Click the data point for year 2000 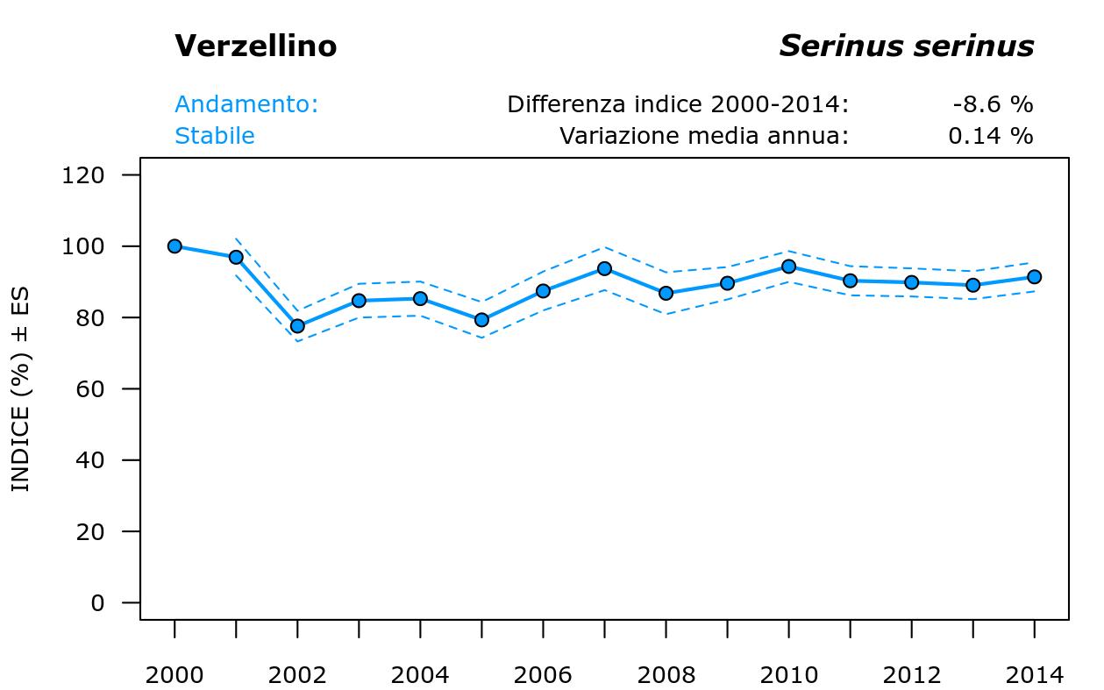pyautogui.click(x=175, y=246)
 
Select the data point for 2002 pyautogui.click(x=297, y=326)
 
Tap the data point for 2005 pyautogui.click(x=481, y=320)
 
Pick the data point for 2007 pyautogui.click(x=604, y=268)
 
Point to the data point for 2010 pyautogui.click(x=788, y=267)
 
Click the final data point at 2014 pyautogui.click(x=1034, y=277)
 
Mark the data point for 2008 pyautogui.click(x=666, y=293)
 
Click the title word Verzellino pyautogui.click(x=255, y=46)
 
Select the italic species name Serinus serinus pyautogui.click(x=906, y=46)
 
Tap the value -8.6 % pyautogui.click(x=993, y=104)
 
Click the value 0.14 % pyautogui.click(x=990, y=136)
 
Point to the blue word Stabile pyautogui.click(x=215, y=136)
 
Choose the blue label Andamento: pyautogui.click(x=246, y=104)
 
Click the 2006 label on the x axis pyautogui.click(x=543, y=675)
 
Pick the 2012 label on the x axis pyautogui.click(x=911, y=675)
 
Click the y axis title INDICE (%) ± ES pyautogui.click(x=20, y=389)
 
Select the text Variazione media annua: pyautogui.click(x=704, y=136)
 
